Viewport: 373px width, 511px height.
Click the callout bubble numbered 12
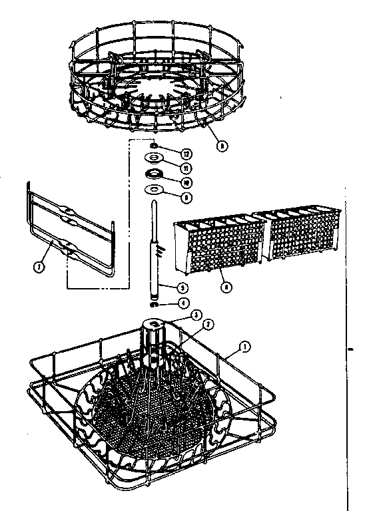[187, 154]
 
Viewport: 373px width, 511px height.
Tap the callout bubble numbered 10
[186, 181]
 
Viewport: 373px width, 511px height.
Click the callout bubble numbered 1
[244, 347]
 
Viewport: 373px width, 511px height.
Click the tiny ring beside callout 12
[154, 145]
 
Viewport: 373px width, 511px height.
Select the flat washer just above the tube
[155, 190]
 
